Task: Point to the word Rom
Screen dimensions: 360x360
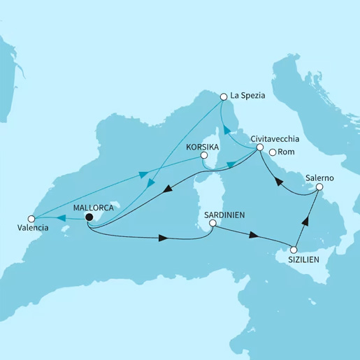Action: click(x=285, y=152)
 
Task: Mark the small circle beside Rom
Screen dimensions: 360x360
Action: click(x=271, y=152)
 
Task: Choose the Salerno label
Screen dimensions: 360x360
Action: click(x=319, y=178)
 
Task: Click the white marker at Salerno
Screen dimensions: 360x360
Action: click(x=319, y=187)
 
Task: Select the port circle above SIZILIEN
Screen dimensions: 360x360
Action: click(x=294, y=250)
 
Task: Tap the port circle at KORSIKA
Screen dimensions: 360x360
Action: click(x=203, y=157)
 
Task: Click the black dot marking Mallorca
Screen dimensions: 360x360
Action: click(x=89, y=217)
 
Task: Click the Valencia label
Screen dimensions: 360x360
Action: click(x=34, y=227)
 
